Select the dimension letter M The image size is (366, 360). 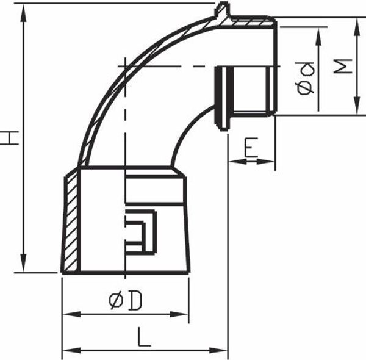342,67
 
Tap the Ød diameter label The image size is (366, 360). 306,78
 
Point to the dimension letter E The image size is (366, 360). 251,147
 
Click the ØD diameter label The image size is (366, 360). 125,300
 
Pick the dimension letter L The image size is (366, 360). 144,337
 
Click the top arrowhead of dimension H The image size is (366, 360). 23,11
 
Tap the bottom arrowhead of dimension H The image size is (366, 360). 23,264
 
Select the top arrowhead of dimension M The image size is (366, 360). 357,25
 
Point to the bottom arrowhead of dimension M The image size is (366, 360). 357,107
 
